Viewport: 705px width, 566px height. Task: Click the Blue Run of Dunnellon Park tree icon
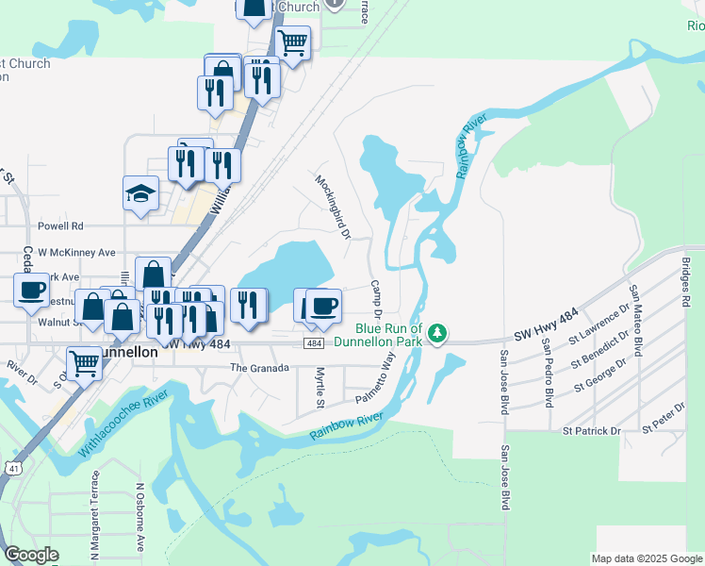tap(436, 332)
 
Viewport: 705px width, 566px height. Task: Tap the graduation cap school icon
tap(141, 193)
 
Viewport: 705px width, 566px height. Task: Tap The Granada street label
tap(258, 368)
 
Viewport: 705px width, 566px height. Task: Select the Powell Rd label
tap(60, 226)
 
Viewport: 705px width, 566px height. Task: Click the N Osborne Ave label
tap(139, 519)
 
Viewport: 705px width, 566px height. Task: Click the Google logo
tap(31, 555)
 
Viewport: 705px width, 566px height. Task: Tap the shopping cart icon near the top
tap(293, 42)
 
